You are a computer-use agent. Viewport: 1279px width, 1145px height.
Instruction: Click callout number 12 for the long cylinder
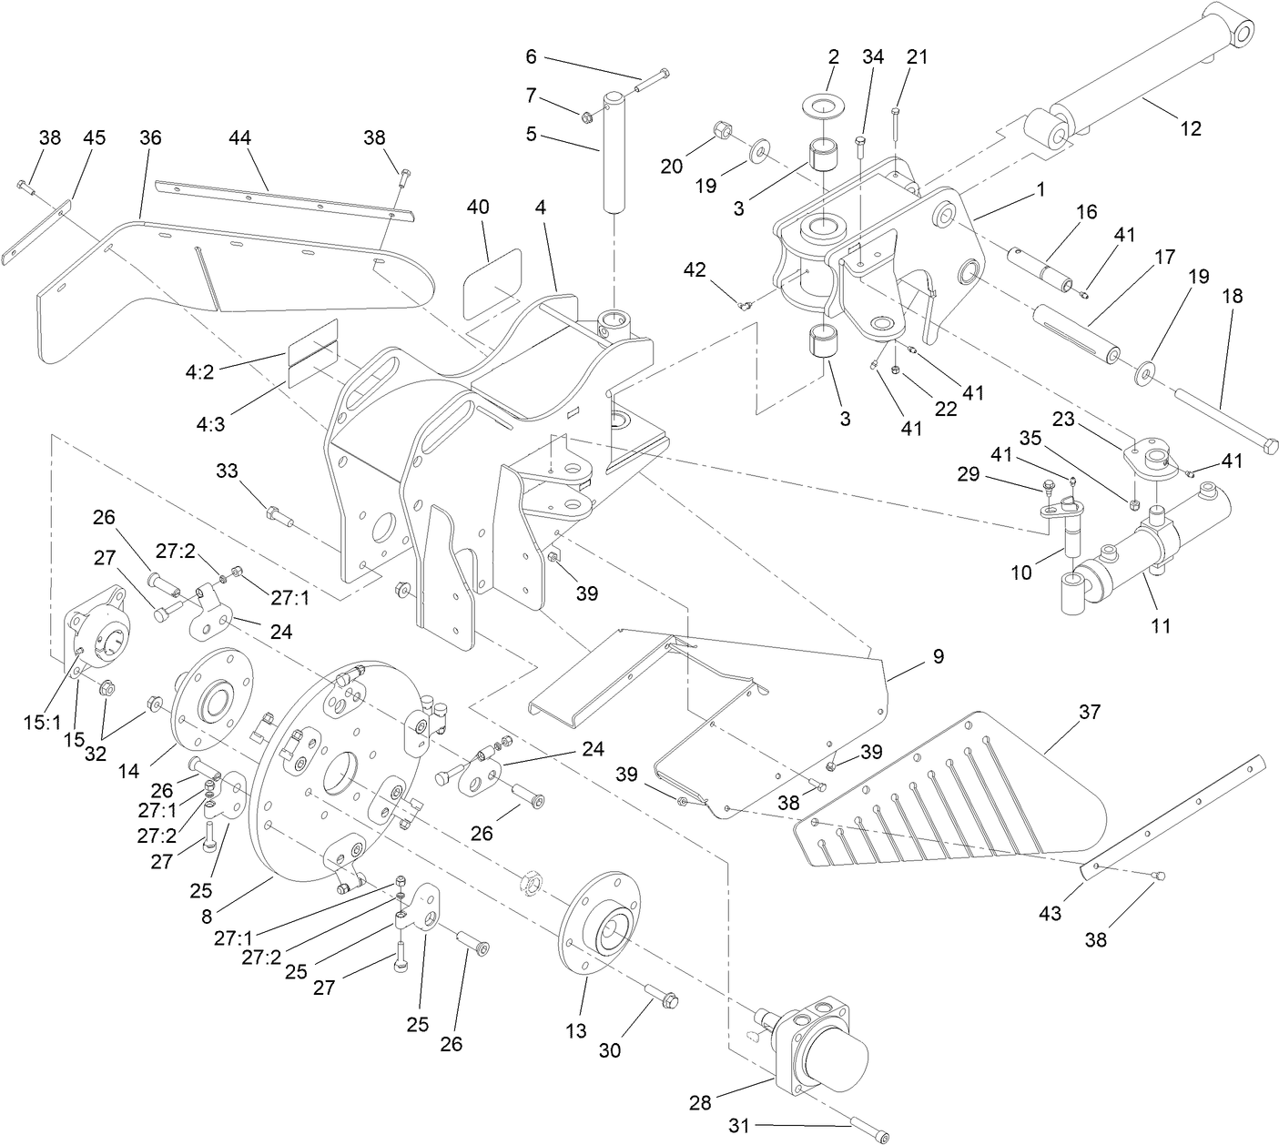click(1190, 128)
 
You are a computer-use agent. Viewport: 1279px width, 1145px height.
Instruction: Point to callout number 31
click(738, 1126)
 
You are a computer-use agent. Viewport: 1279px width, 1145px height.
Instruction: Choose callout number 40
click(478, 207)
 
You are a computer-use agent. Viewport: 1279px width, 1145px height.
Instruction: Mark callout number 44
click(240, 137)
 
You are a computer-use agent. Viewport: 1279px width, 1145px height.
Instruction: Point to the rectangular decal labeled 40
click(492, 270)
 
